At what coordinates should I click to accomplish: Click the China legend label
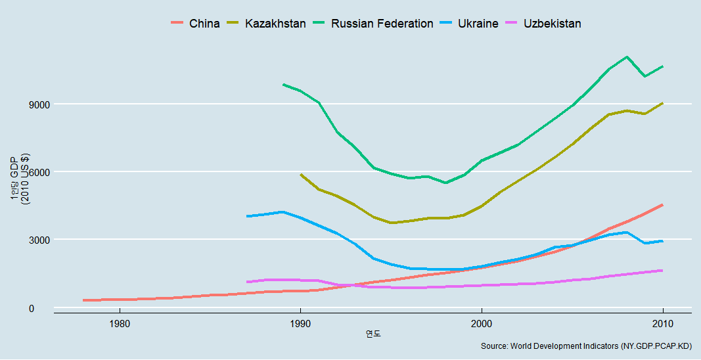(204, 24)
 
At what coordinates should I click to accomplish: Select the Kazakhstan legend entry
(275, 24)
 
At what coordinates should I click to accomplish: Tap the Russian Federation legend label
(382, 24)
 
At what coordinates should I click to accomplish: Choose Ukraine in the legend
(478, 24)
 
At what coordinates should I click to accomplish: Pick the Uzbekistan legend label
(553, 24)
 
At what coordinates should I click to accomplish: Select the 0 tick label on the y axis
(44, 308)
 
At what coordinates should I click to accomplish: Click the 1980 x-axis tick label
(120, 324)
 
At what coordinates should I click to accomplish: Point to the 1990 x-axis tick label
(300, 324)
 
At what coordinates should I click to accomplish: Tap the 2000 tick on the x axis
(482, 324)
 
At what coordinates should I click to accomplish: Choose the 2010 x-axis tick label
(662, 324)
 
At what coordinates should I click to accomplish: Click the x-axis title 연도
(373, 334)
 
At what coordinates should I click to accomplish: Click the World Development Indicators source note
(586, 346)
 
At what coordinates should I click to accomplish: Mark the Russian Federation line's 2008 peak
(627, 56)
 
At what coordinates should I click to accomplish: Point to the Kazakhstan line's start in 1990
(301, 174)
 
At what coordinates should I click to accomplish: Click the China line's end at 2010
(662, 205)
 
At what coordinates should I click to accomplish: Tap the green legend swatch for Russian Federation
(319, 24)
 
